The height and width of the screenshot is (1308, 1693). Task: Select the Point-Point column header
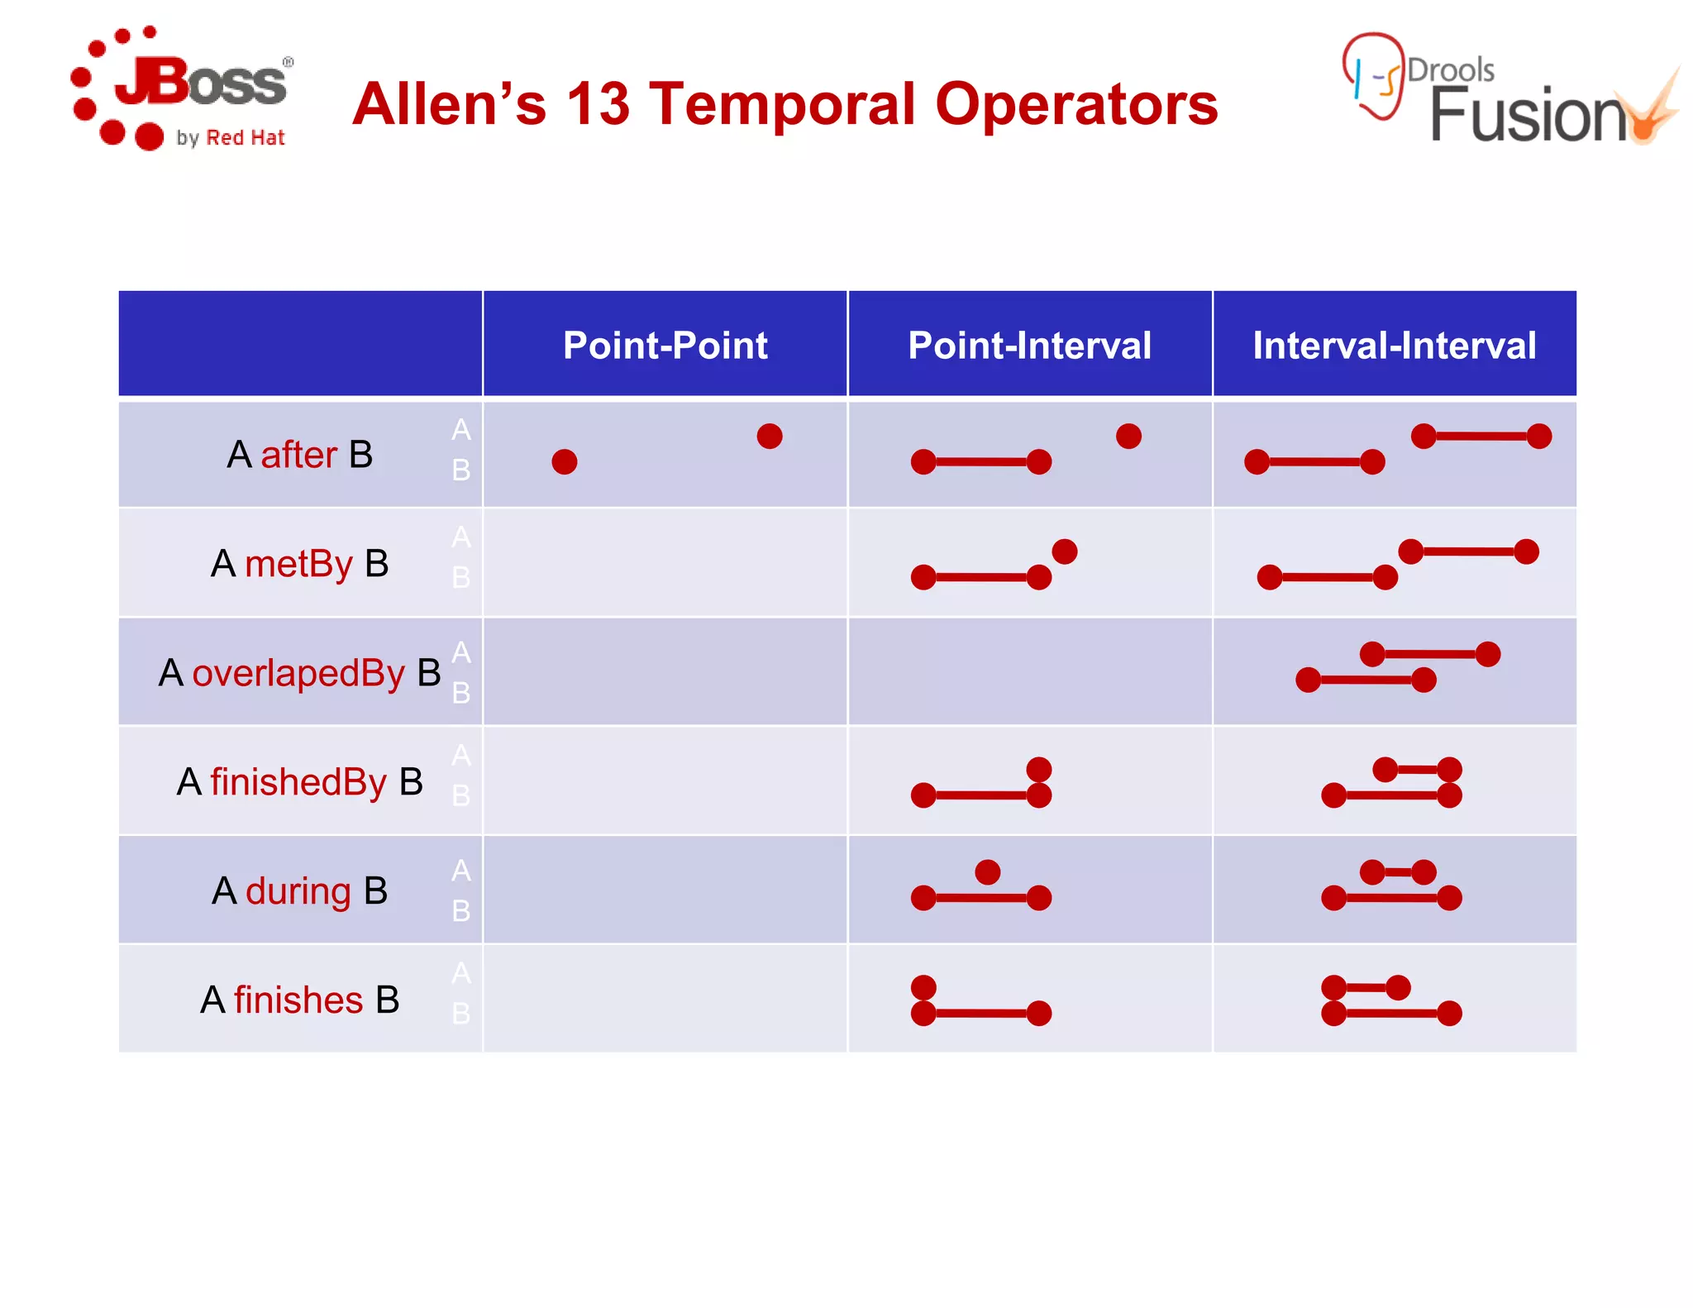click(665, 345)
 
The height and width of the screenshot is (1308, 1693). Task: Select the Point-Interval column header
click(1029, 345)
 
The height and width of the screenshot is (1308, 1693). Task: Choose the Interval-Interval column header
click(1394, 345)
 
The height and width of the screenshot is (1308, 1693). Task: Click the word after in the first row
click(298, 455)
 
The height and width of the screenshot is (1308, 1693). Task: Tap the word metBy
click(298, 564)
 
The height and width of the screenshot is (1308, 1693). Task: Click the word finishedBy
click(298, 782)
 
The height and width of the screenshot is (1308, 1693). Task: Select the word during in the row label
click(298, 891)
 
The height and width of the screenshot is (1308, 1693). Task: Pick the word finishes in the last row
click(298, 1000)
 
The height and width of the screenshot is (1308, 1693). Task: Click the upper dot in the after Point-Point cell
click(769, 436)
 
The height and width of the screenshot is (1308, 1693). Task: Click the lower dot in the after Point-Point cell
click(565, 461)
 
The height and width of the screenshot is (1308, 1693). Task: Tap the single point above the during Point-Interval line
click(987, 871)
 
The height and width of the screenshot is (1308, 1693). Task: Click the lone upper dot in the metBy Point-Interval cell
click(1064, 551)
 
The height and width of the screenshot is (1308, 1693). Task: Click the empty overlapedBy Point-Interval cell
click(1029, 671)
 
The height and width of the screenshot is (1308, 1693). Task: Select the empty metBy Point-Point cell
click(665, 562)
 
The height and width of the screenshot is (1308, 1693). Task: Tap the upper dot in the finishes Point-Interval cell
click(923, 987)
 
